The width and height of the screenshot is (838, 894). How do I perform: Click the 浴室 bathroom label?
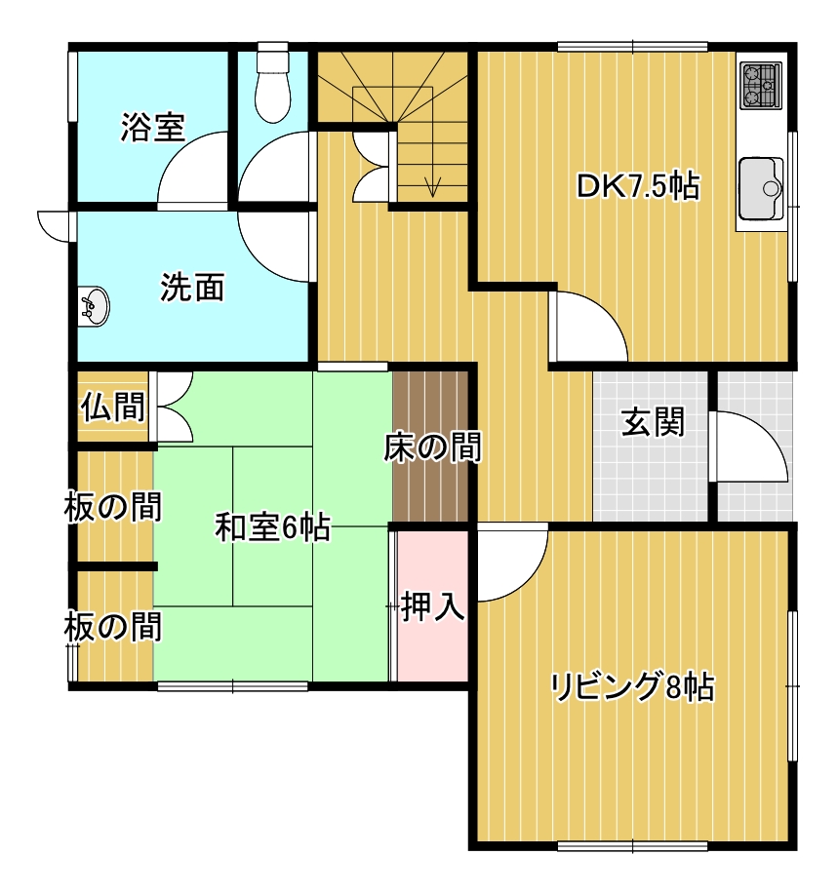[153, 127]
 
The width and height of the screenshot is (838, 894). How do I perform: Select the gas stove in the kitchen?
[761, 86]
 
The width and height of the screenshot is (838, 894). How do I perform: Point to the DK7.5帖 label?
[638, 186]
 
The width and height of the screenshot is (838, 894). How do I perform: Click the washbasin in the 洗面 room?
[94, 307]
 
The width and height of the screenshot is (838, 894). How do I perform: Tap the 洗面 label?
[192, 287]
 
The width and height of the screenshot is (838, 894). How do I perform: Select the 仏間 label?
[112, 407]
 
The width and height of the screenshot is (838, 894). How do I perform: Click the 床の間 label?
[432, 447]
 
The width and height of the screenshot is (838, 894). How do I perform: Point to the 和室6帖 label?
[273, 527]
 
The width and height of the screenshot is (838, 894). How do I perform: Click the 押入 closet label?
[433, 606]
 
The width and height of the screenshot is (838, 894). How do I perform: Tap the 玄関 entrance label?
[653, 422]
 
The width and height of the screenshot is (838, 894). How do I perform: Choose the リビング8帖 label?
[632, 687]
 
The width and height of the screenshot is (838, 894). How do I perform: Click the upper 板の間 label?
[113, 507]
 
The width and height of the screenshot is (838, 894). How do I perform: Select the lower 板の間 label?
[113, 626]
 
